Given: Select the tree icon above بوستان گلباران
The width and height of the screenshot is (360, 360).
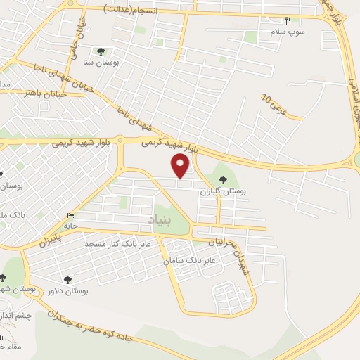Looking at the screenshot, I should [224, 178].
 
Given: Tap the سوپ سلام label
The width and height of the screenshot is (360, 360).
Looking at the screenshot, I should [290, 32].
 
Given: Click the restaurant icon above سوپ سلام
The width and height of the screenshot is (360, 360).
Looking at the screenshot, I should [287, 20].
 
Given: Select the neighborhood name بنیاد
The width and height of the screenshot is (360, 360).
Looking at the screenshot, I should [160, 221].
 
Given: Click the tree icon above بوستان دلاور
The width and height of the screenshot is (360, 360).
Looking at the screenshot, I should [67, 279].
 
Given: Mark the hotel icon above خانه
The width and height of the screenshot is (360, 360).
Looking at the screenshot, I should [69, 215].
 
